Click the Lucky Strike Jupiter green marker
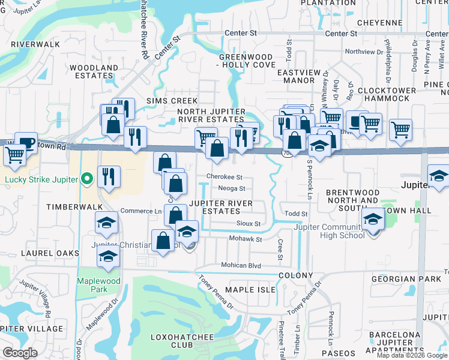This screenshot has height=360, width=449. click(87, 178)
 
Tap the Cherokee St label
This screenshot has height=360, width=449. click(224, 177)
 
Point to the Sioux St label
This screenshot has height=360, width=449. click(249, 224)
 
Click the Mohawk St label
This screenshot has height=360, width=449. click(246, 239)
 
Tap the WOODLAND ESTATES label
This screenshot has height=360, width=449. click(94, 71)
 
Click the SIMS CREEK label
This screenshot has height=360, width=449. click(159, 101)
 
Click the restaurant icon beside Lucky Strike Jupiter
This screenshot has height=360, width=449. click(109, 176)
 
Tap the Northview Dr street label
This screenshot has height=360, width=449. click(364, 52)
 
